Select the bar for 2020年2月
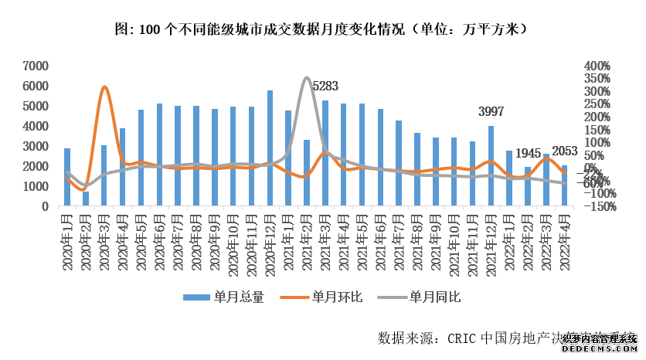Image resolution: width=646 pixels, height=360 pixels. pyautogui.click(x=85, y=199)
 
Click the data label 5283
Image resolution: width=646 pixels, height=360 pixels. pyautogui.click(x=325, y=86)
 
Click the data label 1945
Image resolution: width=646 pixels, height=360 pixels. pyautogui.click(x=529, y=152)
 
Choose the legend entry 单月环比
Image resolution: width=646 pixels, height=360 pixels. pyautogui.click(x=338, y=297)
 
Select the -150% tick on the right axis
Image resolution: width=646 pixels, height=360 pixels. pyautogui.click(x=599, y=207)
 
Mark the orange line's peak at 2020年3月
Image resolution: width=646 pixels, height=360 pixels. pyautogui.click(x=105, y=87)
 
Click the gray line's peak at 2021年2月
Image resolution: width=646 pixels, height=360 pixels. pyautogui.click(x=307, y=77)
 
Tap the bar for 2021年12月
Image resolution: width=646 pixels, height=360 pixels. pyautogui.click(x=491, y=166)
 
